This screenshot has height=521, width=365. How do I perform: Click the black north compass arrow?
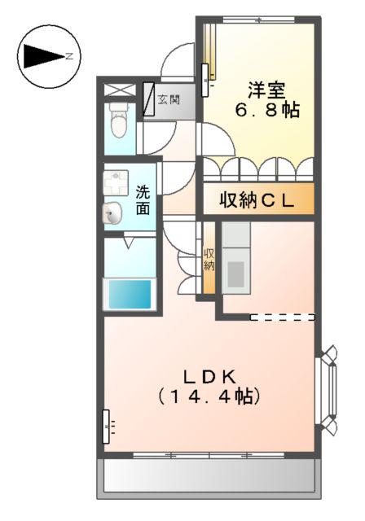click(44, 56)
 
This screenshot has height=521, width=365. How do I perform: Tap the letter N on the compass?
click(69, 56)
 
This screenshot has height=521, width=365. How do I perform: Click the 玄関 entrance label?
click(169, 99)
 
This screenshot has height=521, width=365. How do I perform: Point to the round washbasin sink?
click(112, 213)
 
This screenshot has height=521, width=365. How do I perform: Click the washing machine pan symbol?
click(116, 182)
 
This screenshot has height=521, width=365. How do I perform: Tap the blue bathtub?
click(130, 294)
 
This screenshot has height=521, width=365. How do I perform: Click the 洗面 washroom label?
click(143, 200)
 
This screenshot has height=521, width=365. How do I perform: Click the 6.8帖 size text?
click(267, 110)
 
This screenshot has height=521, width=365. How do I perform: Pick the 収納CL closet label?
click(257, 200)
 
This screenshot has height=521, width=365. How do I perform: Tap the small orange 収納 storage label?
click(209, 260)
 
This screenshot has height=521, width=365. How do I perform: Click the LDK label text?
click(209, 377)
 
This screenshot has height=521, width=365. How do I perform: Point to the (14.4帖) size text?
click(209, 396)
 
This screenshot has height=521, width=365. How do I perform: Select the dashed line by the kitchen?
click(282, 317)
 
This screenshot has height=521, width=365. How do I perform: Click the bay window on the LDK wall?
click(327, 389)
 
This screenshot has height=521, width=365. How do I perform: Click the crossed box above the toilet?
click(120, 90)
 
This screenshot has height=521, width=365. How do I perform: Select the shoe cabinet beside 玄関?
click(149, 99)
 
